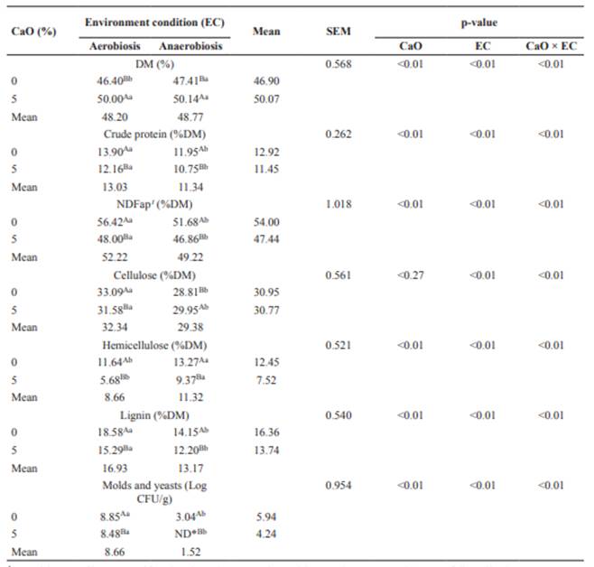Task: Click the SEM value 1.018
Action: tap(339, 202)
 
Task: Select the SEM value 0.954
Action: tap(339, 486)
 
